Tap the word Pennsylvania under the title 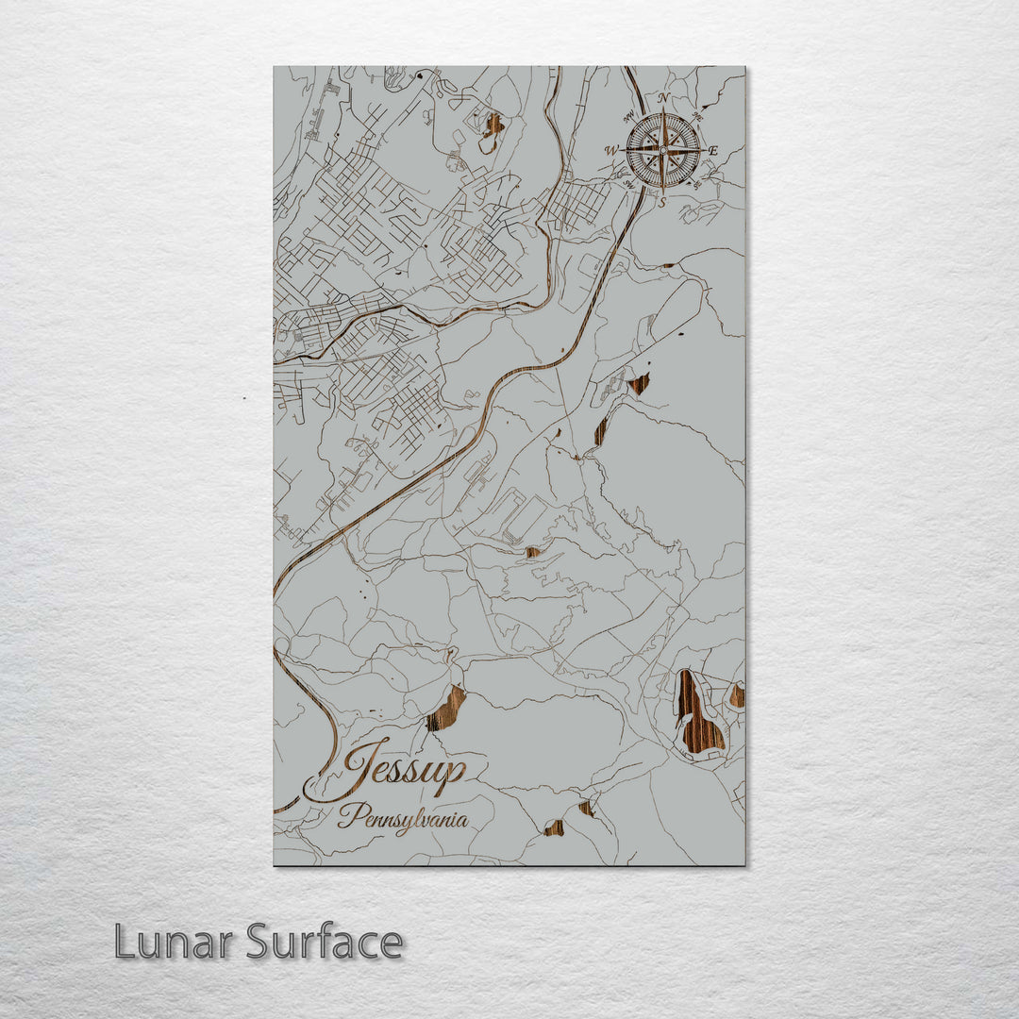tap(403, 817)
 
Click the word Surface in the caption tap(326, 942)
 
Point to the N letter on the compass tap(663, 99)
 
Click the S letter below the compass tap(662, 201)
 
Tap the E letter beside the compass tap(713, 151)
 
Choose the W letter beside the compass tap(611, 150)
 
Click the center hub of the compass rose tap(663, 150)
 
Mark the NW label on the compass tap(628, 117)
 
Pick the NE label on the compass tap(697, 116)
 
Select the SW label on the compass tap(629, 185)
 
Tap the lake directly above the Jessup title tap(446, 709)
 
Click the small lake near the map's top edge tap(492, 125)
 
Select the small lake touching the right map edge tap(737, 696)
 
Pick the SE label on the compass tap(697, 185)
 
